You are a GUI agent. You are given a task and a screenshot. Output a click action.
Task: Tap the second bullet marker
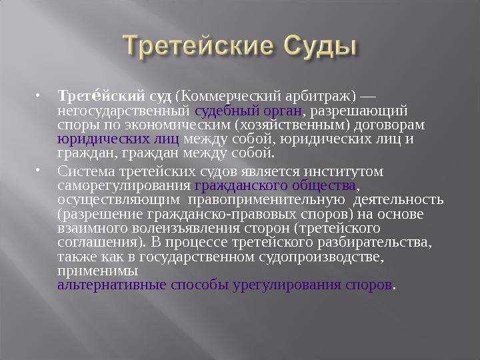(x=41, y=171)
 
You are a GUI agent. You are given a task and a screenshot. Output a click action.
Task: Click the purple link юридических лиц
(x=118, y=139)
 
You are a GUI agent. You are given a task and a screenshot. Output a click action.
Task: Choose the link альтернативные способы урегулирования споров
(x=225, y=285)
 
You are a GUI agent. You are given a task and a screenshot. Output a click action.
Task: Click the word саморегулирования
(x=125, y=185)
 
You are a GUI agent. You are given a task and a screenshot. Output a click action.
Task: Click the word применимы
(x=98, y=271)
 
